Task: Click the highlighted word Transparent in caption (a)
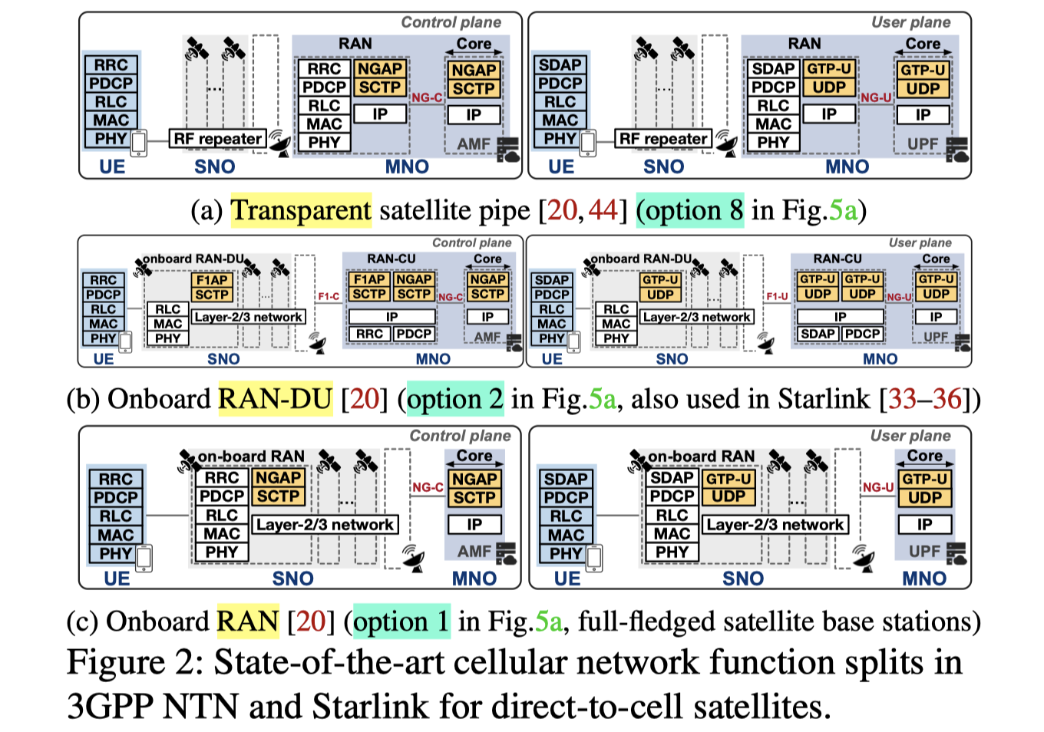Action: click(x=301, y=210)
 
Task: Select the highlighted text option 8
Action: click(x=690, y=210)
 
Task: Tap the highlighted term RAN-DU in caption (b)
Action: click(x=276, y=399)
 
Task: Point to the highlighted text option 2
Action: click(x=455, y=399)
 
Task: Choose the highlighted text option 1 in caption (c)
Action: click(x=401, y=622)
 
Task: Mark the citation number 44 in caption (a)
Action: click(x=603, y=210)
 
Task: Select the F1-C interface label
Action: click(x=329, y=296)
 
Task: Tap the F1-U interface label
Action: click(x=777, y=296)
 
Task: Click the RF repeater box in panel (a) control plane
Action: click(x=218, y=139)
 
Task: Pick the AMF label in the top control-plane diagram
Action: click(x=473, y=144)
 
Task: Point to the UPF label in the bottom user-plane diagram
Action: click(x=924, y=551)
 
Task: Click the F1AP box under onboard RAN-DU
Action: click(x=212, y=280)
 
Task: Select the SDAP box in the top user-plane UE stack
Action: click(x=560, y=65)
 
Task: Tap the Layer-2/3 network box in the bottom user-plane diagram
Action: click(x=775, y=525)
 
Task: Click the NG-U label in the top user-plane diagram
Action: click(x=875, y=97)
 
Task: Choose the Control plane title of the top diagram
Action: click(x=451, y=22)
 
